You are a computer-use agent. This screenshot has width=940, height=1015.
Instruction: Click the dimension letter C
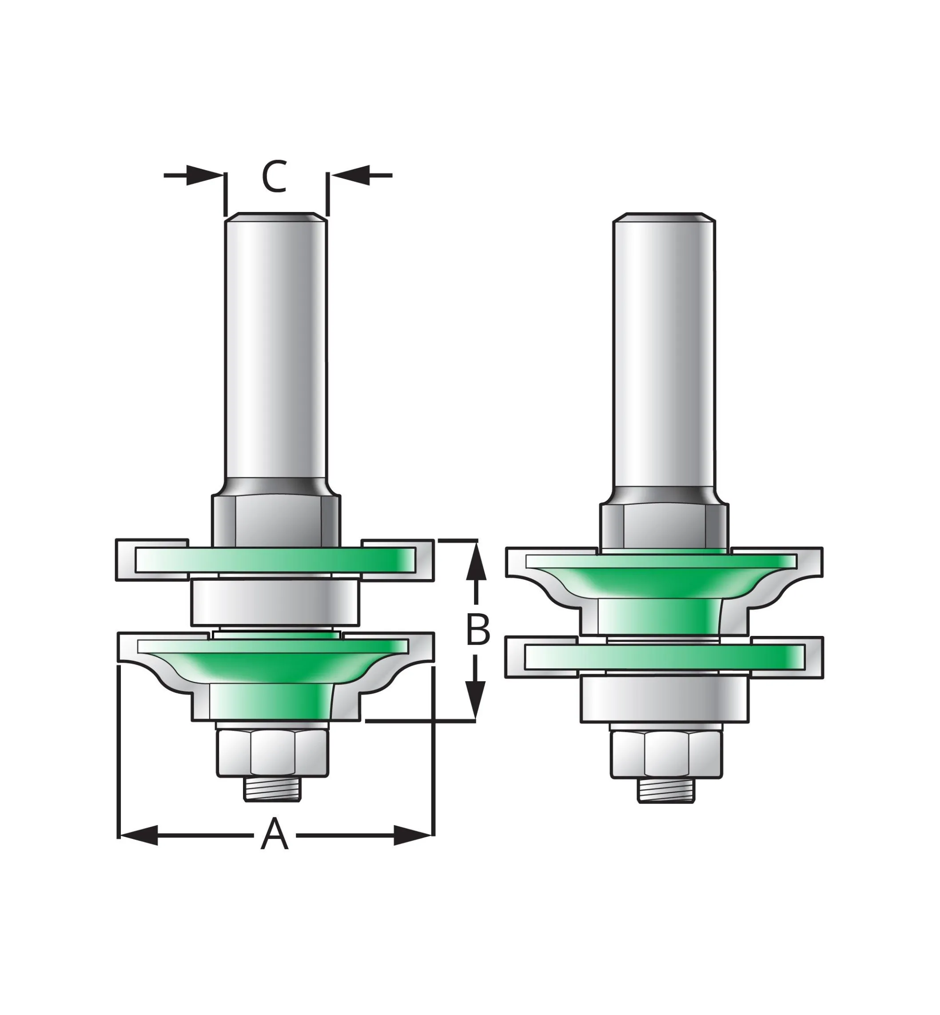[275, 176]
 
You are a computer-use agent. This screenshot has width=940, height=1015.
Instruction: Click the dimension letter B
[478, 629]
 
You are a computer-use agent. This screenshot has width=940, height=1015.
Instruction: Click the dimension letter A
[275, 848]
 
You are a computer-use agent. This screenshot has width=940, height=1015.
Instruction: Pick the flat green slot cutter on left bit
[275, 559]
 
